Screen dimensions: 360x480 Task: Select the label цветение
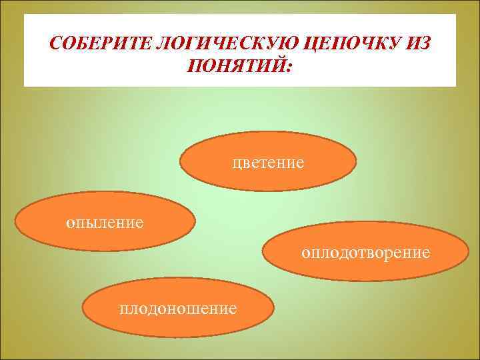[268, 162]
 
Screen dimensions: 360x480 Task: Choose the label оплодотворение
[365, 253]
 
